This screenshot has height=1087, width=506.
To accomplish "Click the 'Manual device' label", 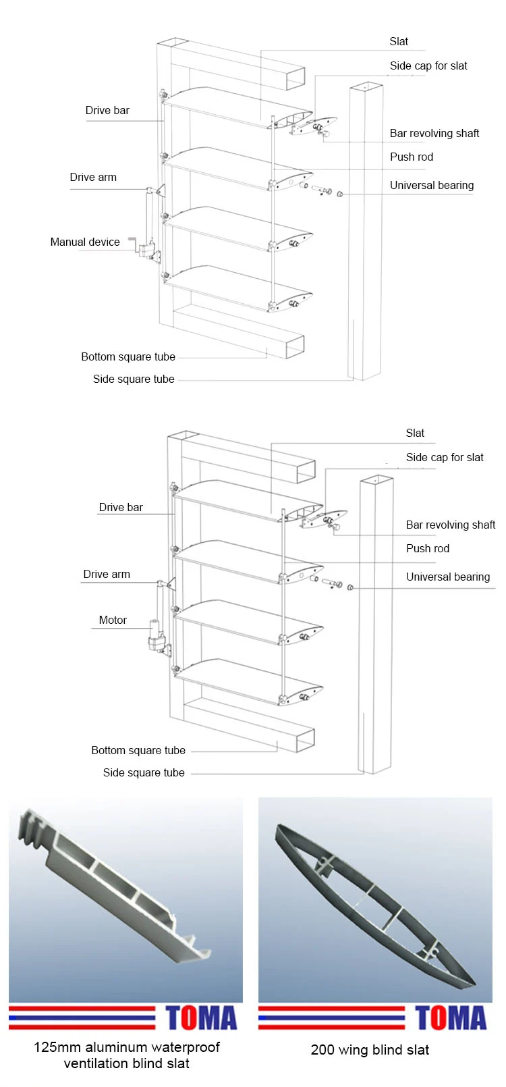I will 85,242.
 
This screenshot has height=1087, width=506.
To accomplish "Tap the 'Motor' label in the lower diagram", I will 113,620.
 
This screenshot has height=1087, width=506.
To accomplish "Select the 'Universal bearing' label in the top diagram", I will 431,185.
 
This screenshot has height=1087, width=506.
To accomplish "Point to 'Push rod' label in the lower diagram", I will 427,548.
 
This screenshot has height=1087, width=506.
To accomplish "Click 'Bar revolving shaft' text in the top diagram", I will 434,133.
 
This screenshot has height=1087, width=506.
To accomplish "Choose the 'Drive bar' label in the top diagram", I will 107,110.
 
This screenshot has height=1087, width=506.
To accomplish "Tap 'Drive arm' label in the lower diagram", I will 107,574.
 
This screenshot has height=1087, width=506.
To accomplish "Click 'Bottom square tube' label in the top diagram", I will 128,356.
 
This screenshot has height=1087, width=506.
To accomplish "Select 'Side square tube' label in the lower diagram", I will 144,772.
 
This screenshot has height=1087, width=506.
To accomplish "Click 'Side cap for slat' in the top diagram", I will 428,65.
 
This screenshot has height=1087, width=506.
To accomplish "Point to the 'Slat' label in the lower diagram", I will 415,433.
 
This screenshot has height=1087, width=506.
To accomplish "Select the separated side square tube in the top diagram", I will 365,230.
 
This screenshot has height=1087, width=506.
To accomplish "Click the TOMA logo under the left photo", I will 201,1018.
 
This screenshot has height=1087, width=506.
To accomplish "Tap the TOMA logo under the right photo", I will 451,1018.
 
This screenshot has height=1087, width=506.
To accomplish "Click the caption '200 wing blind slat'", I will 370,1050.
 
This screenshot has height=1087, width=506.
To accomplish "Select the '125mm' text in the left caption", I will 57,1047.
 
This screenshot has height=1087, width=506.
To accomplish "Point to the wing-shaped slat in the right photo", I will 374,905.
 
